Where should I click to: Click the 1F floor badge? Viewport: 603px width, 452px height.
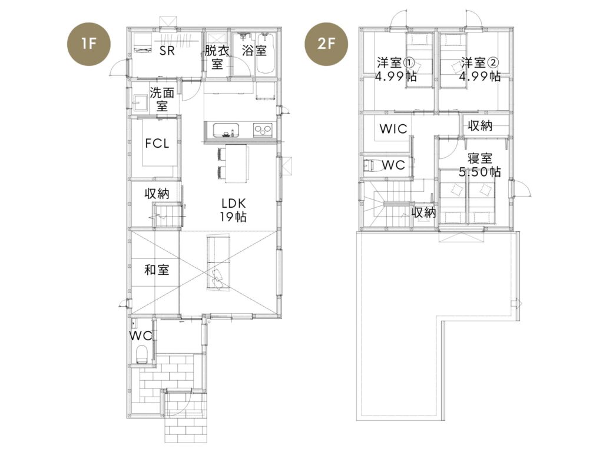(x=89, y=44)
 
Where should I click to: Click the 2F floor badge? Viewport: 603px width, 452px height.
(x=326, y=44)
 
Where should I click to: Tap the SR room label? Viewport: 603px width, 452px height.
(x=167, y=51)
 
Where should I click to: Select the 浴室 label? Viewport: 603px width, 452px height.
(x=254, y=51)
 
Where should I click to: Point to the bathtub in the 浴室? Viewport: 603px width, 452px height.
(x=265, y=54)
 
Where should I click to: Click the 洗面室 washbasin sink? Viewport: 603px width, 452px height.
(x=140, y=102)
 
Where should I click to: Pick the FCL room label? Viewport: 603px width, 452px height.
(x=157, y=144)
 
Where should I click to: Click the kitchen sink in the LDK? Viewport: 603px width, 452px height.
(x=226, y=130)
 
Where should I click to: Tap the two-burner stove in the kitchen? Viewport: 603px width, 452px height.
(x=263, y=129)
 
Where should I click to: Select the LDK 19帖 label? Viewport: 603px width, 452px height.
(x=233, y=210)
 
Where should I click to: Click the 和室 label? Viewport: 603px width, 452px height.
(x=157, y=270)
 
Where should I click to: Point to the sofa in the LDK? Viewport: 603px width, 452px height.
(x=218, y=263)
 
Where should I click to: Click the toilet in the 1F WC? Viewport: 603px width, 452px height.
(x=141, y=354)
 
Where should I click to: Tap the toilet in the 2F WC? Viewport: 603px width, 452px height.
(x=369, y=165)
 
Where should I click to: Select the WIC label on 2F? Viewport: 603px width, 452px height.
(x=393, y=128)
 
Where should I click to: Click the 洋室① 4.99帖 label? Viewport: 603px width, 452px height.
(x=396, y=69)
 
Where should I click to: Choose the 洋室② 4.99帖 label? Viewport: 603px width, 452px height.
(x=480, y=69)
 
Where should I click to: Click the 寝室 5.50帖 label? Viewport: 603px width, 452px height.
(x=480, y=165)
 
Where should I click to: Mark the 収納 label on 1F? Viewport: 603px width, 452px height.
(x=157, y=193)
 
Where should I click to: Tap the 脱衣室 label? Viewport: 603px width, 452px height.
(x=217, y=57)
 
